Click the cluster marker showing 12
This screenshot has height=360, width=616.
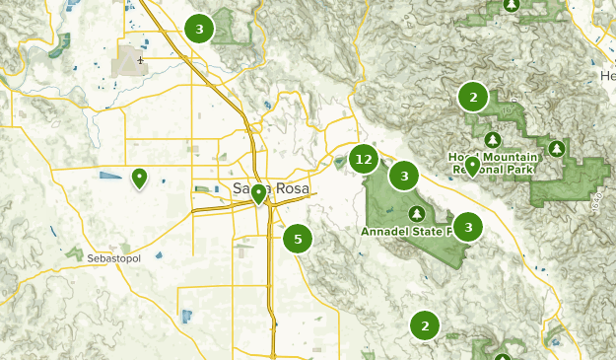pyautogui.click(x=365, y=159)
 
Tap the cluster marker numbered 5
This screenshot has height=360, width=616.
pyautogui.click(x=298, y=238)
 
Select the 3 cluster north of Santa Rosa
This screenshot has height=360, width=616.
pyautogui.click(x=199, y=30)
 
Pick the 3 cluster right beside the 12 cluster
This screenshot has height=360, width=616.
pyautogui.click(x=403, y=177)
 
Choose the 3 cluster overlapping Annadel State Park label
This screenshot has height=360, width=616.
pyautogui.click(x=467, y=227)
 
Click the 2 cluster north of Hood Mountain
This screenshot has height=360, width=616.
pyautogui.click(x=473, y=97)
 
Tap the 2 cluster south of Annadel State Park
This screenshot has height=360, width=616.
pyautogui.click(x=425, y=324)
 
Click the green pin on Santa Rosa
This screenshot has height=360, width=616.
pyautogui.click(x=258, y=193)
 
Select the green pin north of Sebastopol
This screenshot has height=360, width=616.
pyautogui.click(x=139, y=179)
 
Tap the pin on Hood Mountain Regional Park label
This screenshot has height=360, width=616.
pyautogui.click(x=472, y=166)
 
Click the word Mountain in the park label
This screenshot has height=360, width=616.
pyautogui.click(x=507, y=157)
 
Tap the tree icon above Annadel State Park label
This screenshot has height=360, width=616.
pyautogui.click(x=417, y=213)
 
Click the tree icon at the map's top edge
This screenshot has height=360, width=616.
pyautogui.click(x=511, y=5)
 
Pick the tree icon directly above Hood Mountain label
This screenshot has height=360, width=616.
pyautogui.click(x=493, y=139)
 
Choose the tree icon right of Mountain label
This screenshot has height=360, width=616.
pyautogui.click(x=557, y=149)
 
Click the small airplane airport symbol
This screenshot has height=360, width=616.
pyautogui.click(x=141, y=60)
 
